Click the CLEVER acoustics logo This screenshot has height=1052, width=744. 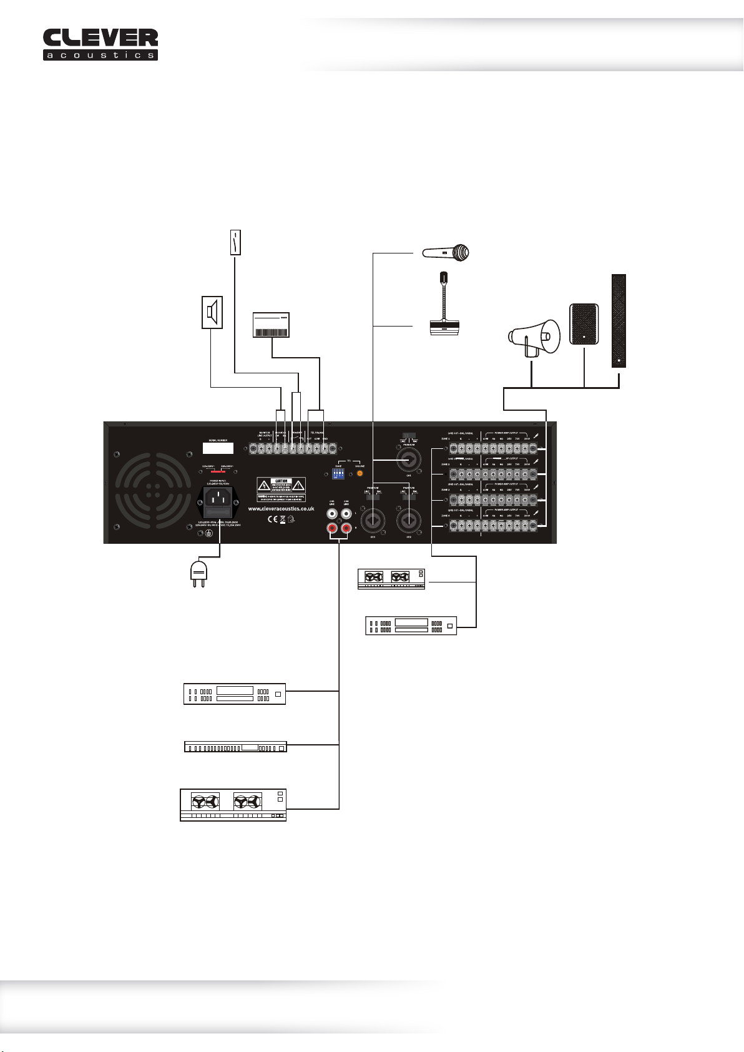coord(100,44)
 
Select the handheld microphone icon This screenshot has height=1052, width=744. coord(445,253)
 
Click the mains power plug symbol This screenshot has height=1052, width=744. coord(198,573)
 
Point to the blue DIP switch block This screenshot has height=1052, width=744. coord(339,474)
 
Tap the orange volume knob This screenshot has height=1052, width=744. coord(360,474)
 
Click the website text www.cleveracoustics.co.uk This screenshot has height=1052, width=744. coord(281,509)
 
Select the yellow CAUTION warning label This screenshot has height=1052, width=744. coord(281,488)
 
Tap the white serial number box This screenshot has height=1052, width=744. coord(218,448)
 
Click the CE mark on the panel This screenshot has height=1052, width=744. coord(272,519)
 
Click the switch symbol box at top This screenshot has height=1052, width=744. coord(235,242)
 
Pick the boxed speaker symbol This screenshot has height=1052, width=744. coord(212,312)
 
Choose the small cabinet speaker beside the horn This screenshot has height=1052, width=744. coord(584,324)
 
